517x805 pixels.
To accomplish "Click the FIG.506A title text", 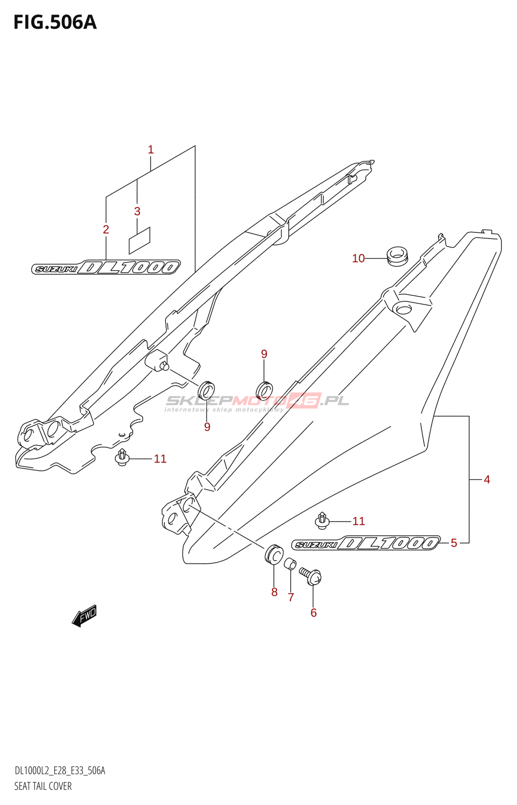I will (x=55, y=23).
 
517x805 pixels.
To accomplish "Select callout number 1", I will (x=150, y=150).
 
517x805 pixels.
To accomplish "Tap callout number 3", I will (x=137, y=211).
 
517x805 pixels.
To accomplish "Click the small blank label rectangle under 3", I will (x=139, y=240).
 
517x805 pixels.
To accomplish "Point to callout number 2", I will (x=106, y=229).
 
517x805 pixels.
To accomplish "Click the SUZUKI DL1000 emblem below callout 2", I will (x=106, y=267).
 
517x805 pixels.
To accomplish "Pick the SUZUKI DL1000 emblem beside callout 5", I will (x=366, y=543).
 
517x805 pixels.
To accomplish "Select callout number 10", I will (x=358, y=259).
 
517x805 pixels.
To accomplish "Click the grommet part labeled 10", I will (x=397, y=255).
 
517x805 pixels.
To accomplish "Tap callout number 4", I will (x=486, y=479).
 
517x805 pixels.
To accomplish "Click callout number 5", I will (x=454, y=543).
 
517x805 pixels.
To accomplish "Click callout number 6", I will (x=313, y=612).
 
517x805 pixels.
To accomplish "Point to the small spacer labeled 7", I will (x=290, y=564).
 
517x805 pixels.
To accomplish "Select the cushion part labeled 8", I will (x=274, y=554).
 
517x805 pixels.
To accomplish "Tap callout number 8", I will (x=274, y=592).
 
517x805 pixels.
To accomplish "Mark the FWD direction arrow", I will (x=84, y=615).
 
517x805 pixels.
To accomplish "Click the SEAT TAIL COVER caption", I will (x=43, y=786).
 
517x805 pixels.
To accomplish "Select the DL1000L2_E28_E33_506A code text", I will (x=59, y=770).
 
